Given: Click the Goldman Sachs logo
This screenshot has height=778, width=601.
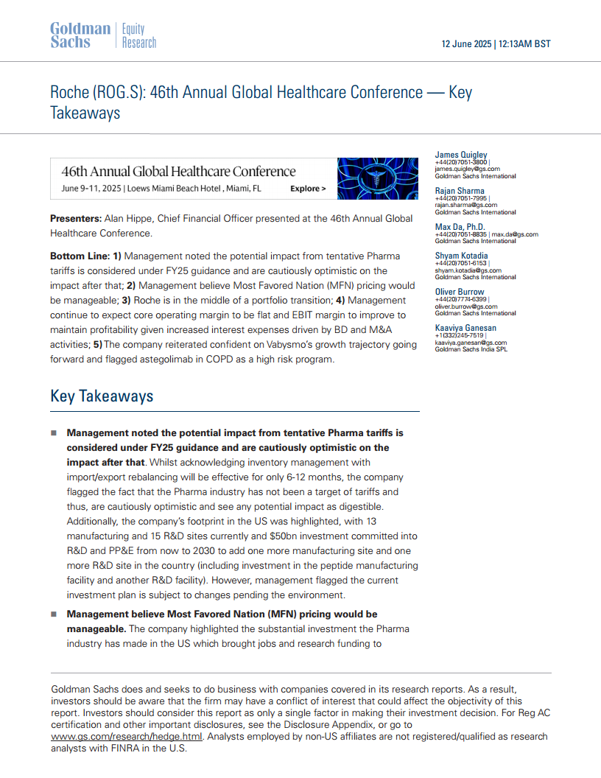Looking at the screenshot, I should tap(80, 35).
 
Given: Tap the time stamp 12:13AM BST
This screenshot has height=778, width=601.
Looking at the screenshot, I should tap(524, 44).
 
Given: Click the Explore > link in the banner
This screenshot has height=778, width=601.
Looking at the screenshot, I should tap(308, 189).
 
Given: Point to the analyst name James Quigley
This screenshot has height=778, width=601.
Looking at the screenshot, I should tap(461, 155).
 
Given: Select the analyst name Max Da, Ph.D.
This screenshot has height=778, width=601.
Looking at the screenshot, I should tap(460, 226).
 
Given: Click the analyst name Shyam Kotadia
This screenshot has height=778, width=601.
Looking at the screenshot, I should tap(461, 256).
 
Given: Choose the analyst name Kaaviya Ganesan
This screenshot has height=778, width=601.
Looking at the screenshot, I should tap(465, 327).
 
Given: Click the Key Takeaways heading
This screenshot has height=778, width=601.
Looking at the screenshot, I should tap(102, 396).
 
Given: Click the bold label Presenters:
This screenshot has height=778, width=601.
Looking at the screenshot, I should tap(75, 219).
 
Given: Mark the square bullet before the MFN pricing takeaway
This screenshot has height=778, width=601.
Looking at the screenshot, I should tap(54, 614).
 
